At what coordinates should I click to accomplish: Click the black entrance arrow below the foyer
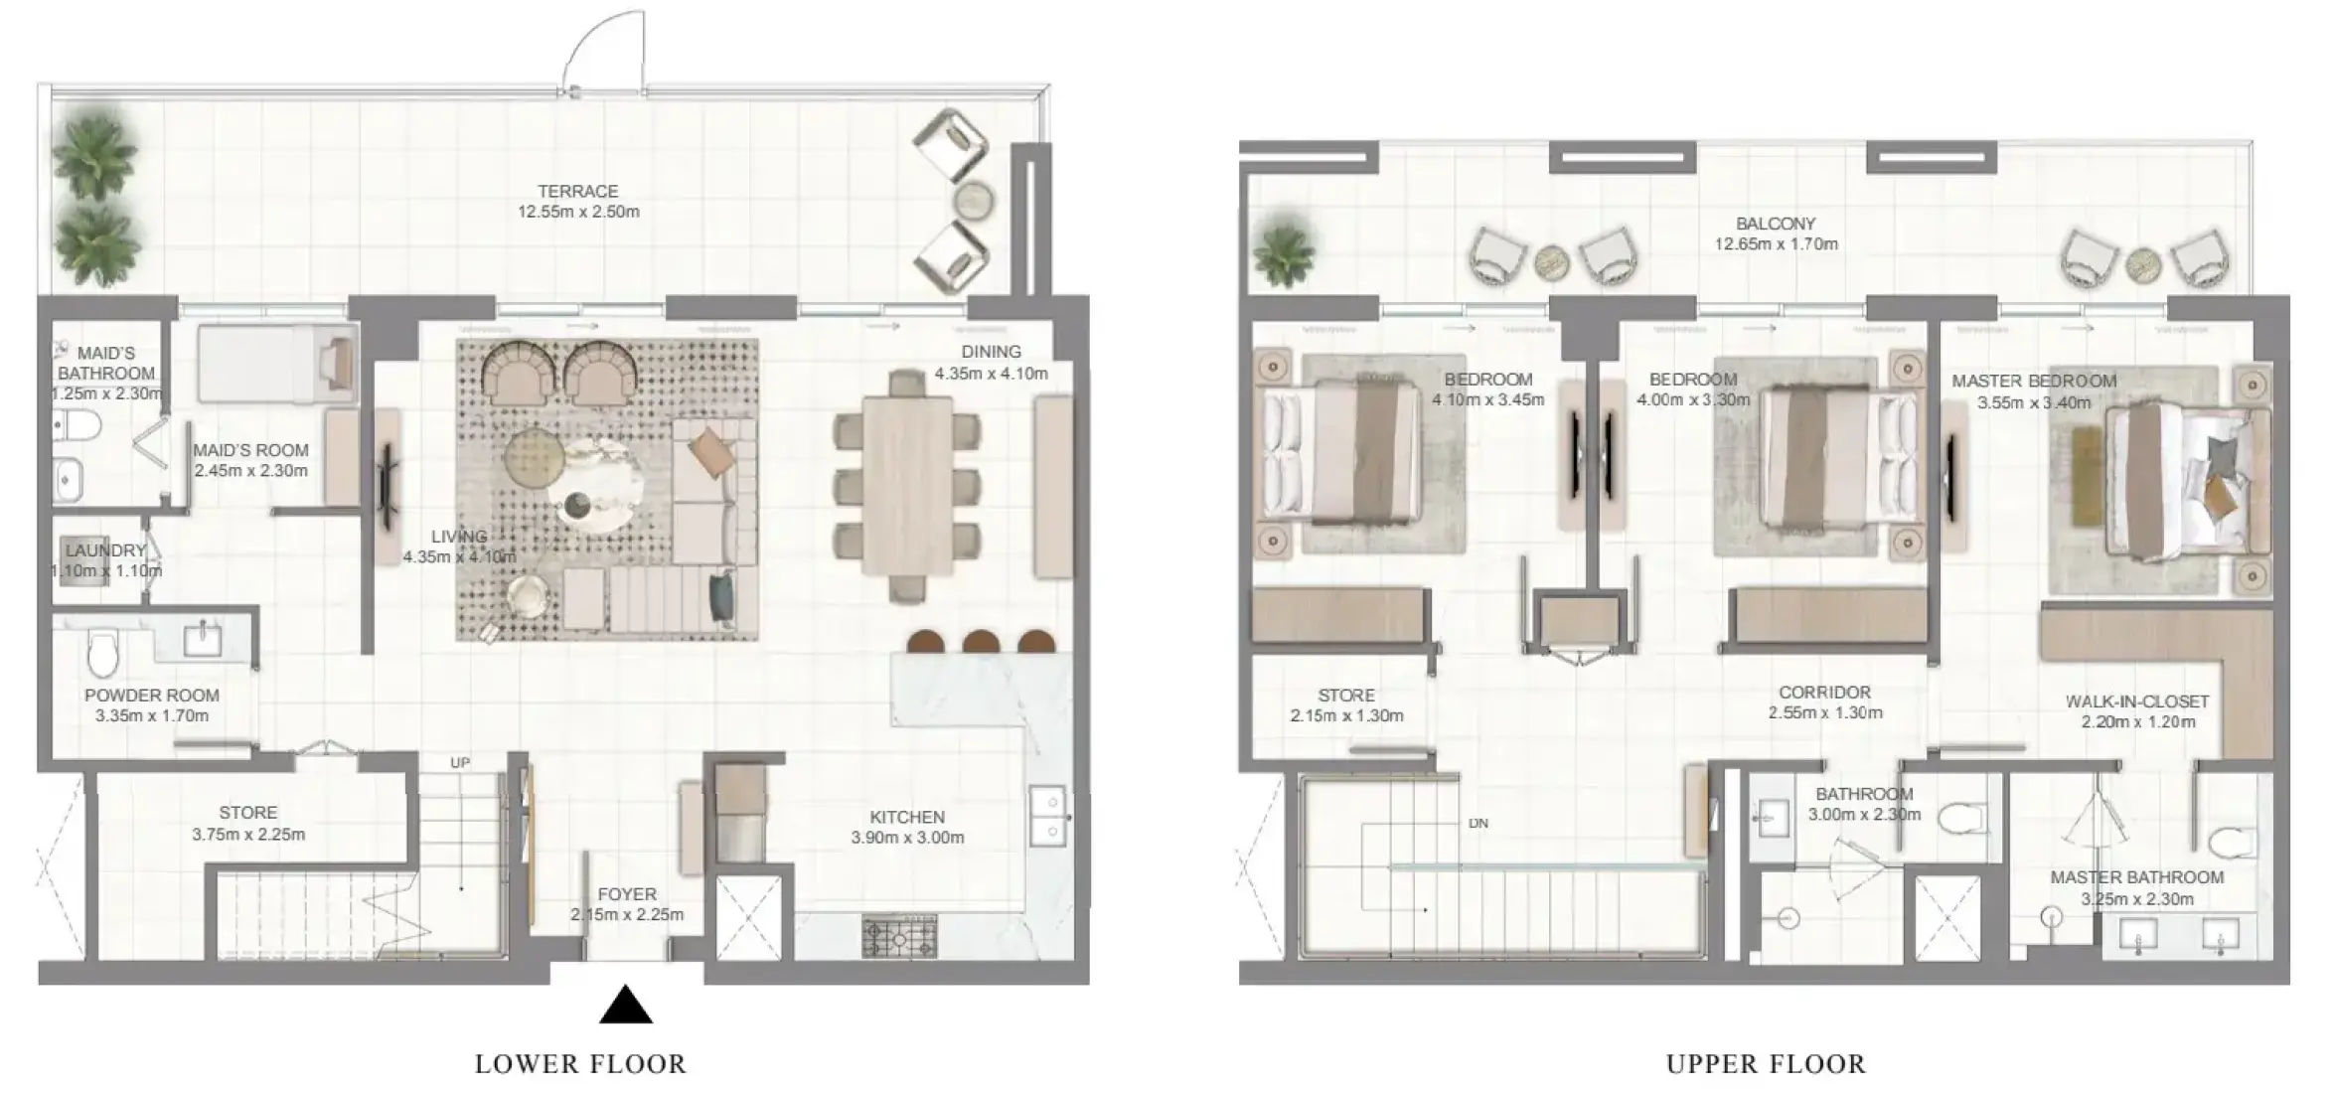(626, 1005)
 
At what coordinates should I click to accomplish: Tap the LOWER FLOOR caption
(580, 1064)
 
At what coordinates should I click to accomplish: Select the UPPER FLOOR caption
(1766, 1064)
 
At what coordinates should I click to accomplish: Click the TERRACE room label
(578, 191)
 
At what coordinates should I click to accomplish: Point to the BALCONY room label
(1776, 224)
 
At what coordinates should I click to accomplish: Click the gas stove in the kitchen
(899, 937)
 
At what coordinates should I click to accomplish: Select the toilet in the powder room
(103, 651)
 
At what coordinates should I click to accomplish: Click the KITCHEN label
(907, 817)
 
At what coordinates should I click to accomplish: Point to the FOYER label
(627, 894)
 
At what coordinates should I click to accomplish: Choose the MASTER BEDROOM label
(2034, 381)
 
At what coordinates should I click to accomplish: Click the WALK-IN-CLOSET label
(2137, 702)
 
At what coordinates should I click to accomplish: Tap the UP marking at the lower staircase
(460, 763)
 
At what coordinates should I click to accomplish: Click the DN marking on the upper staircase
(1478, 824)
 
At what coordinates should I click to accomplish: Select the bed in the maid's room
(277, 364)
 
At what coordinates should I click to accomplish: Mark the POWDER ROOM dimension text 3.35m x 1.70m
(152, 715)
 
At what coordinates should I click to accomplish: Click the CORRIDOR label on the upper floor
(1825, 692)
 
